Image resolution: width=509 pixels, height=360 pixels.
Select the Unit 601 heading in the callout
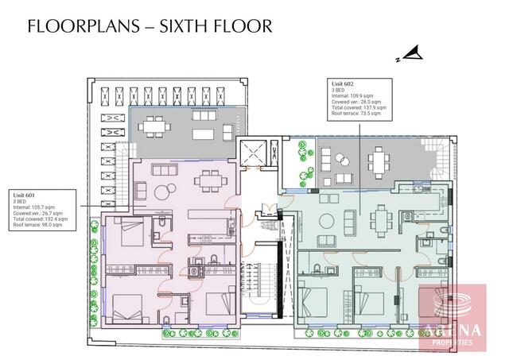[x=25, y=194]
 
